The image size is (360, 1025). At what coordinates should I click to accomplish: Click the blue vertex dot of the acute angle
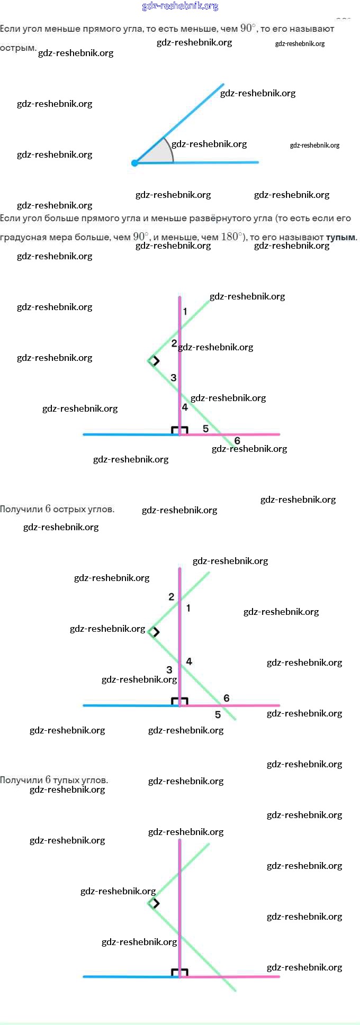tap(134, 163)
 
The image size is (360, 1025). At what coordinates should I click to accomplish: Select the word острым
tap(18, 48)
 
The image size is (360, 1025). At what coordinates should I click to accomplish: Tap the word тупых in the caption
tap(67, 779)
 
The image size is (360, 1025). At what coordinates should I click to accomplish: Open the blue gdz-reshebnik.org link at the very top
tap(180, 6)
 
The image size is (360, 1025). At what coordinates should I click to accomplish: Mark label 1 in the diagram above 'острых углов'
tap(185, 311)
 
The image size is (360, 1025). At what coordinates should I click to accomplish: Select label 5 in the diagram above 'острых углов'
tap(205, 429)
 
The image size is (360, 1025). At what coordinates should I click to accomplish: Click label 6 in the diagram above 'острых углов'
tap(237, 440)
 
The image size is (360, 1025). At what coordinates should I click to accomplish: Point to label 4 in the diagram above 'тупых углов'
tap(189, 661)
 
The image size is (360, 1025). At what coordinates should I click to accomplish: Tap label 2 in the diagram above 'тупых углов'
tap(171, 596)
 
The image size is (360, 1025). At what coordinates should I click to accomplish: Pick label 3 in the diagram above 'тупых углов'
tap(169, 669)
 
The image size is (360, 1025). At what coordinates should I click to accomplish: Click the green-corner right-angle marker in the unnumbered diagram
tap(154, 903)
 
